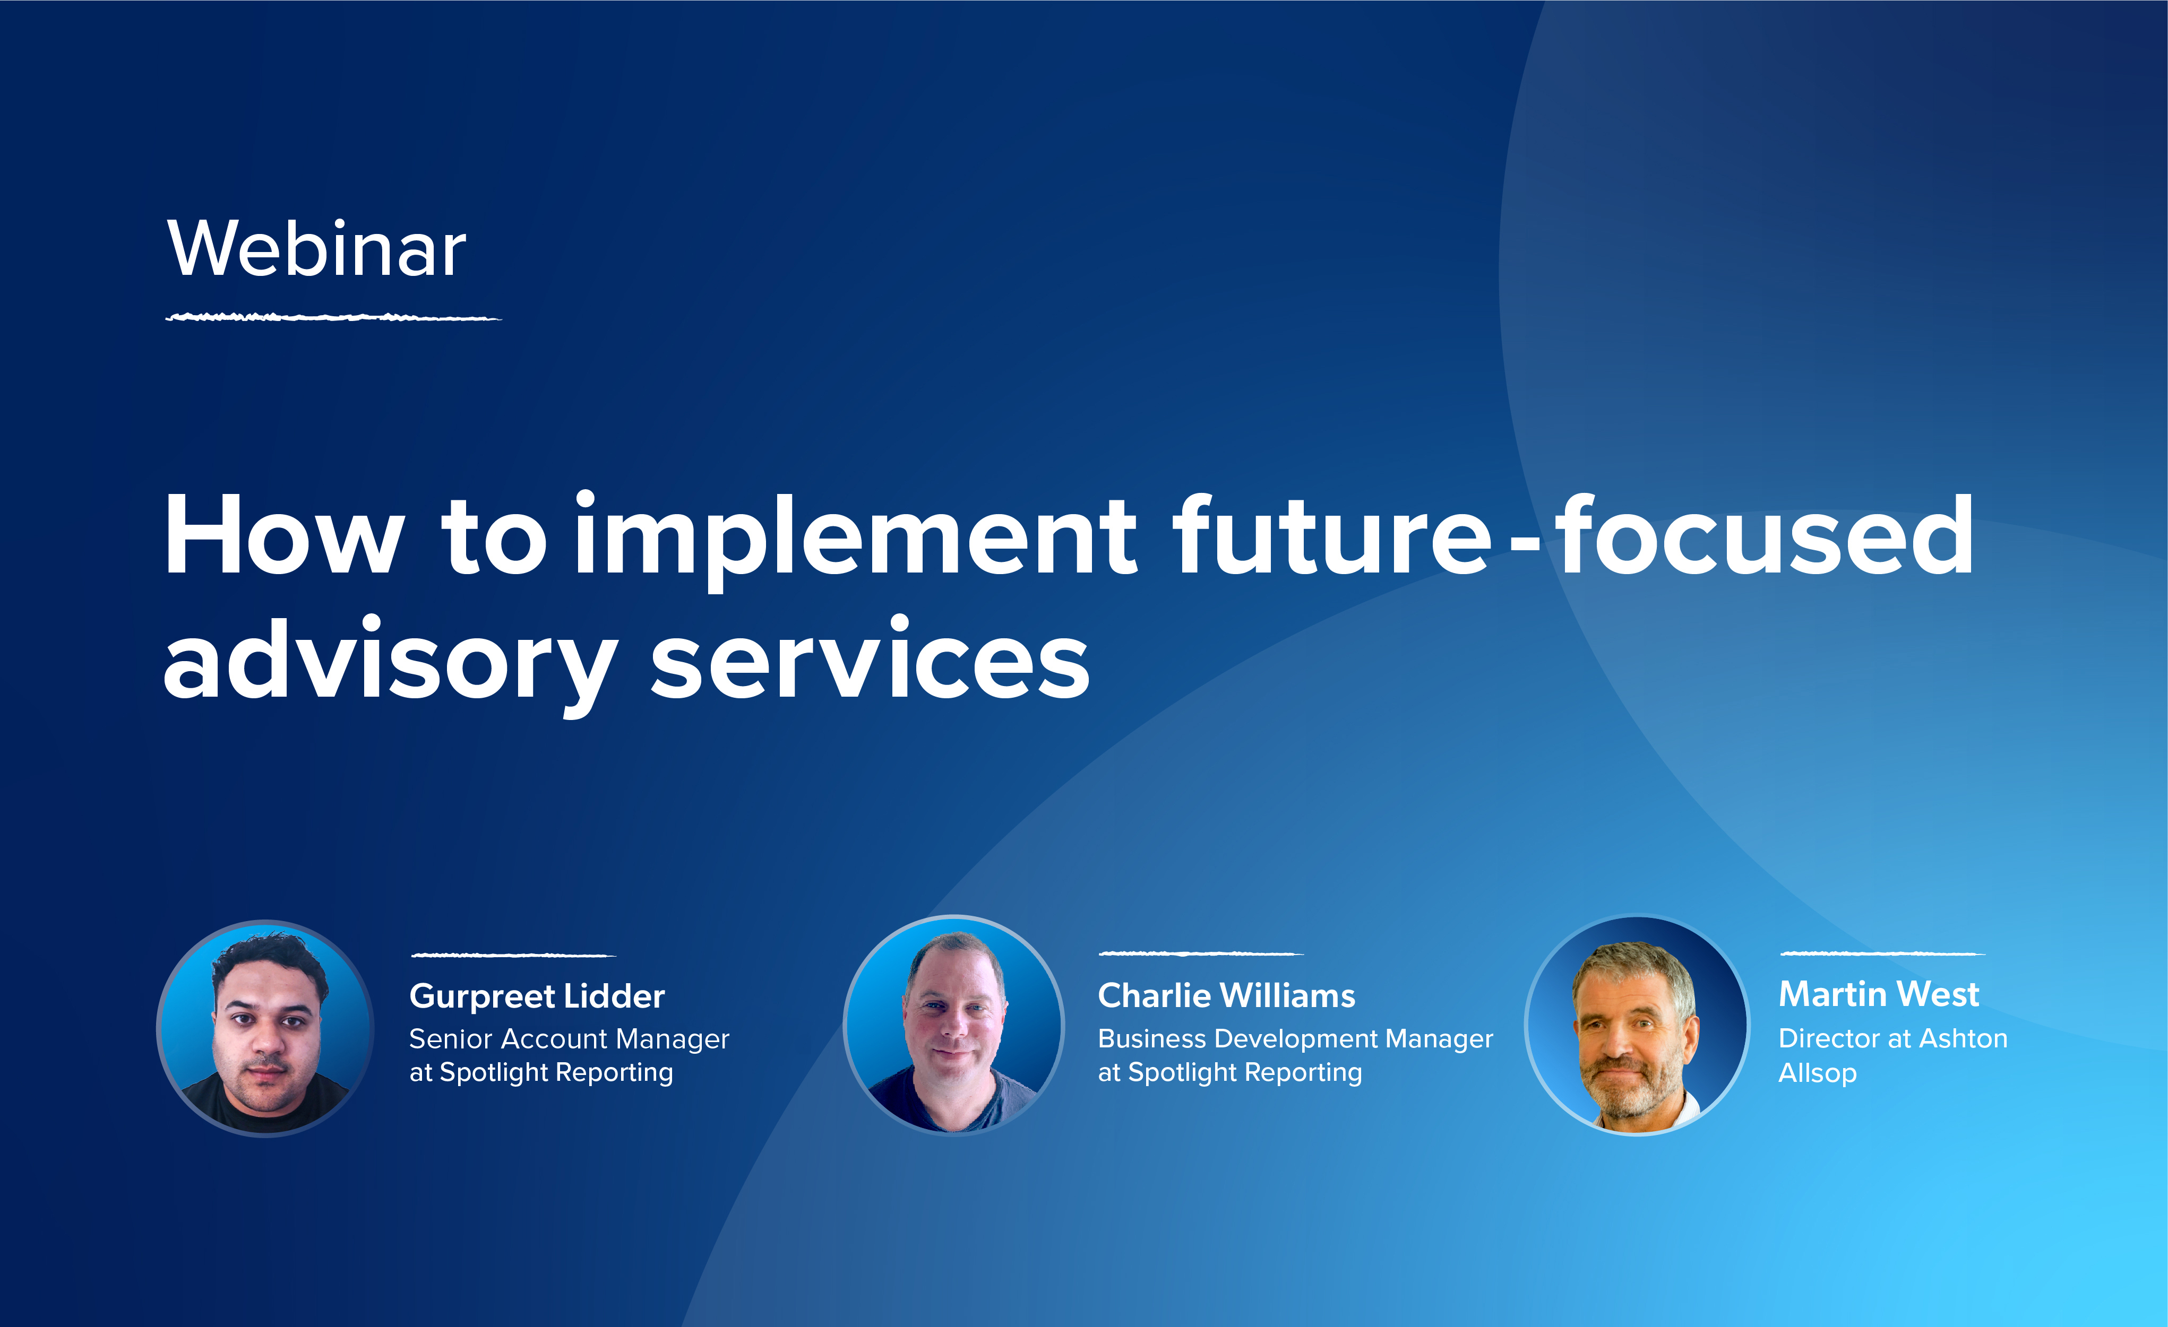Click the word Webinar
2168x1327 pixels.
coord(317,250)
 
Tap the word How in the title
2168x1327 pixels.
coord(283,536)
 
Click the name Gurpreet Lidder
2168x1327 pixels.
coord(537,996)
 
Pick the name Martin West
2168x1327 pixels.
coord(1879,995)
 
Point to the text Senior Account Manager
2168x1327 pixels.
coord(569,1039)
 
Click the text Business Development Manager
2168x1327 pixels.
coord(1295,1039)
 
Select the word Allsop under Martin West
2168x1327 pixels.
coord(1817,1074)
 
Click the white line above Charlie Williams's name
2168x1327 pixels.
coord(1200,953)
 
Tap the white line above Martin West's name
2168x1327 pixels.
coord(1882,953)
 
